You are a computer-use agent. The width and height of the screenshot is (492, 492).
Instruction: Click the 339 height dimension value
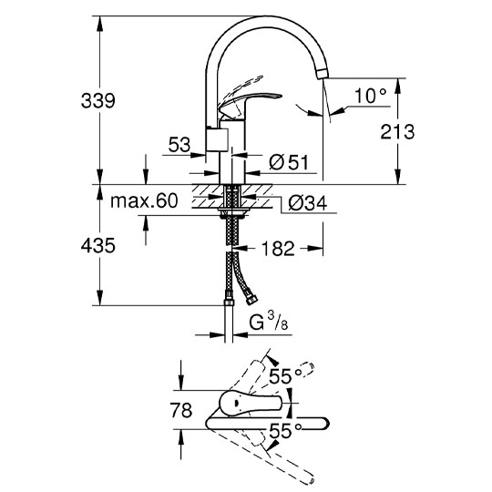[x=97, y=101]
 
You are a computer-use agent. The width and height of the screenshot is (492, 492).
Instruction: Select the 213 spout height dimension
[x=397, y=132]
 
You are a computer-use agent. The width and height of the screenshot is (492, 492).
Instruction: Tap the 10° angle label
[x=371, y=96]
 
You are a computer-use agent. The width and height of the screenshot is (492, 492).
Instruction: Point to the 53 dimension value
[x=179, y=145]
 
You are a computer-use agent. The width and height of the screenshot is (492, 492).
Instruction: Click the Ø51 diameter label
[x=289, y=162]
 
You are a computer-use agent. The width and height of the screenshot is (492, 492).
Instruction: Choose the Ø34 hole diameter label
[x=308, y=203]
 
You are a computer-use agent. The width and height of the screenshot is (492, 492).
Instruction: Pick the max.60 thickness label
[x=144, y=200]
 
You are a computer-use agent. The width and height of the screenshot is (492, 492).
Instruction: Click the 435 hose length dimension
[x=97, y=245]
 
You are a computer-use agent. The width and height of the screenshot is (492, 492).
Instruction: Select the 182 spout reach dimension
[x=278, y=249]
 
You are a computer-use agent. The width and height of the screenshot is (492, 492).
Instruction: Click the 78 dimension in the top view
[x=181, y=410]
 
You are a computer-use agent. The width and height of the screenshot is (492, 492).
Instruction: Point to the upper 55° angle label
[x=285, y=376]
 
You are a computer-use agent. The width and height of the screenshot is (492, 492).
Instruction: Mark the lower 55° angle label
[x=285, y=430]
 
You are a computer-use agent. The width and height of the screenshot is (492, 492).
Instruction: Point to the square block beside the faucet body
[x=217, y=139]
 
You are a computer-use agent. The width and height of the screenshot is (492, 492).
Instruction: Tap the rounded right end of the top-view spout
[x=323, y=424]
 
